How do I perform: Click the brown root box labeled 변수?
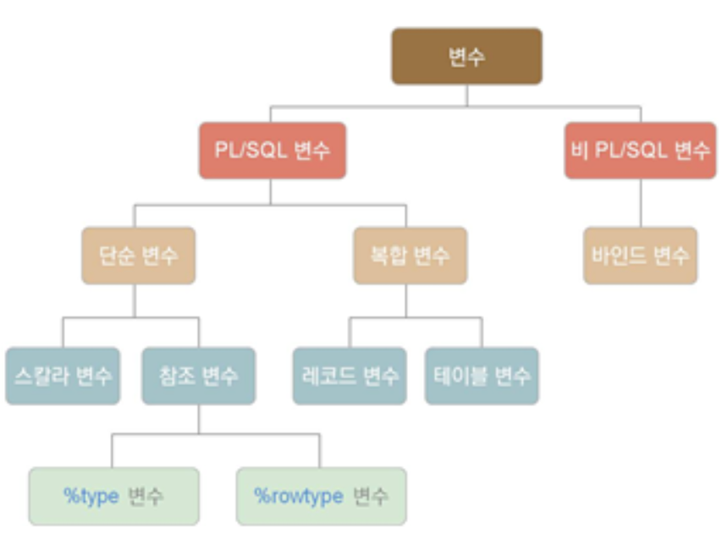pyautogui.click(x=466, y=56)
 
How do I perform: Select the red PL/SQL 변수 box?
pyautogui.click(x=272, y=151)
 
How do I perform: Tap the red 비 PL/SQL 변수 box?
pyautogui.click(x=640, y=151)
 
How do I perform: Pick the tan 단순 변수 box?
pyautogui.click(x=138, y=255)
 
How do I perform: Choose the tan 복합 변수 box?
pyautogui.click(x=410, y=255)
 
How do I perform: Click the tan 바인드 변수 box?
pyautogui.click(x=640, y=255)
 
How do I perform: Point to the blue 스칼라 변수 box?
pyautogui.click(x=63, y=376)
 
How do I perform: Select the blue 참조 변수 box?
pyautogui.click(x=198, y=376)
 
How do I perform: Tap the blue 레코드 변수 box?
pyautogui.click(x=350, y=376)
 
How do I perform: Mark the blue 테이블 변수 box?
pyautogui.click(x=482, y=376)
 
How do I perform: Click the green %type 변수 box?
pyautogui.click(x=114, y=496)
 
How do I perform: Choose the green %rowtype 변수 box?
pyautogui.click(x=321, y=496)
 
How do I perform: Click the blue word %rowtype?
pyautogui.click(x=299, y=496)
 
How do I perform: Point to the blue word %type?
pyautogui.click(x=91, y=496)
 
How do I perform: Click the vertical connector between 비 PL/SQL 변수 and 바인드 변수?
pyautogui.click(x=640, y=203)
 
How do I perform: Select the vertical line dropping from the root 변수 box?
pyautogui.click(x=466, y=95)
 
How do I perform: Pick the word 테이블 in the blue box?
pyautogui.click(x=460, y=376)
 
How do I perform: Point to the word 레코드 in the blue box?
pyautogui.click(x=328, y=376)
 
